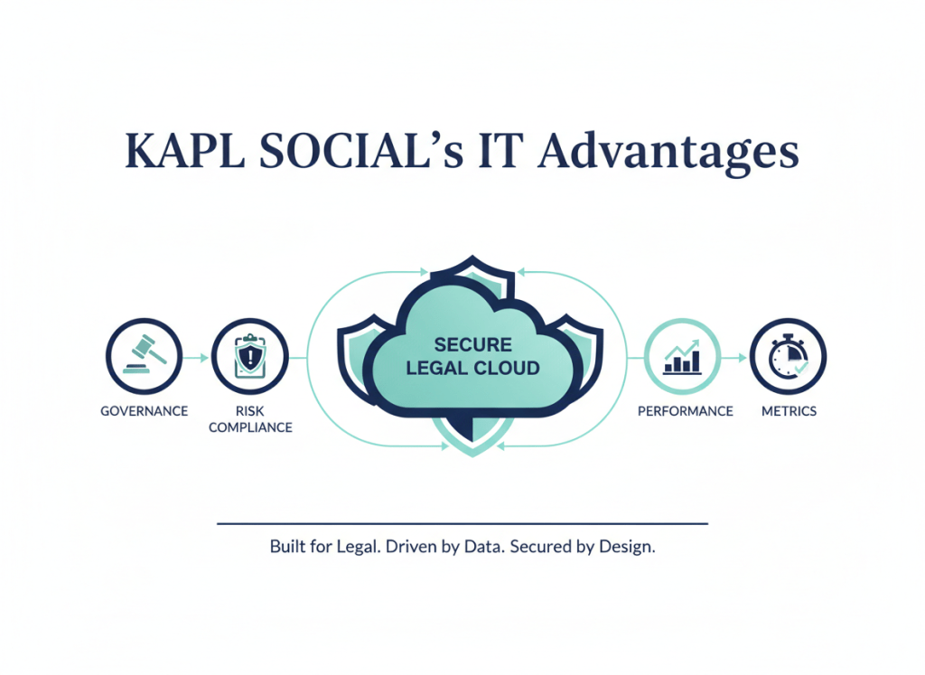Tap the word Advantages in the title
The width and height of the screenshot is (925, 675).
[668, 152]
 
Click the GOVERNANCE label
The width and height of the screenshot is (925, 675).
[144, 411]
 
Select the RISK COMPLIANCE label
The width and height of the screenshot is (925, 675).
[250, 419]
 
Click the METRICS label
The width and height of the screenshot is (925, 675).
[789, 411]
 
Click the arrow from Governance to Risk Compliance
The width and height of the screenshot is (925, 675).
[197, 358]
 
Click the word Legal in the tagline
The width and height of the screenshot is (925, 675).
[354, 548]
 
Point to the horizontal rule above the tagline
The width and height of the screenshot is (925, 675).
[462, 523]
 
